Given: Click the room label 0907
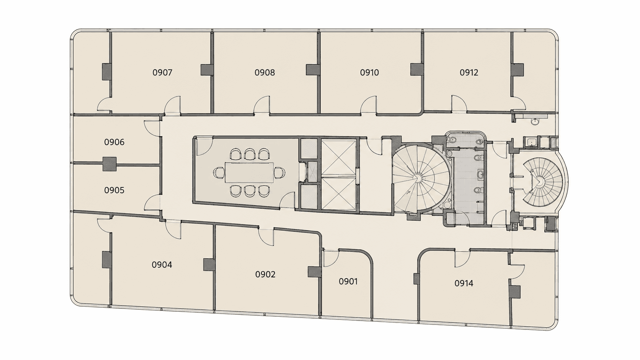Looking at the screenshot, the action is click(x=162, y=73).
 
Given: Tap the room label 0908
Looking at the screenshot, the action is click(x=265, y=73).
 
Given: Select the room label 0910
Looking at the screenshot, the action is click(x=369, y=73).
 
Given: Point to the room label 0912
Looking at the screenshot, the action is click(x=469, y=73).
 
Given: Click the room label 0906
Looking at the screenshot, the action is click(x=114, y=142).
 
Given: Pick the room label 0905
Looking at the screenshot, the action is click(x=114, y=190).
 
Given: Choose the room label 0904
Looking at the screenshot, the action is click(x=162, y=265).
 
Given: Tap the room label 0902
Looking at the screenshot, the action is click(x=265, y=274).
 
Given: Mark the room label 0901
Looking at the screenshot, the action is click(x=348, y=282).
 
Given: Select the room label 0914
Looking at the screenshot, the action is click(x=464, y=283).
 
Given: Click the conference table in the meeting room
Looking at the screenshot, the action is click(x=250, y=172).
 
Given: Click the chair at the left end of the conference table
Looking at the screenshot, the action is click(x=219, y=172).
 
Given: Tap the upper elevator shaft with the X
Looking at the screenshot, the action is click(x=339, y=157).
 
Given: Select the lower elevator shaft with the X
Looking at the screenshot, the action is click(x=339, y=194).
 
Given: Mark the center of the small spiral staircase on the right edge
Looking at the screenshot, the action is click(x=539, y=181).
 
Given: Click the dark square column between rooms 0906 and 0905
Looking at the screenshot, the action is click(x=109, y=164).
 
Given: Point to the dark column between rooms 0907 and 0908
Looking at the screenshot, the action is click(x=207, y=70).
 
